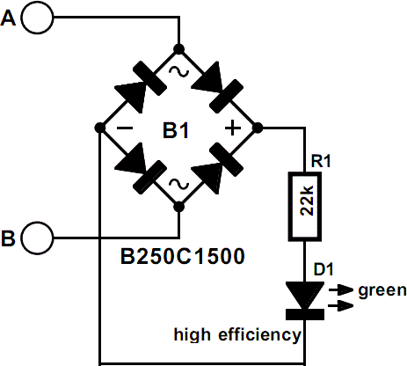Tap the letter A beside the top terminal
click(8, 18)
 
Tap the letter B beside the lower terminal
click(8, 238)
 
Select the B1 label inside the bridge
click(176, 130)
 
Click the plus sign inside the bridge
click(232, 128)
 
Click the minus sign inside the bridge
click(125, 128)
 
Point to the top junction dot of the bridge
click(178, 48)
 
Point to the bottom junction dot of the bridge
click(178, 207)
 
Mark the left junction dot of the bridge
click(100, 128)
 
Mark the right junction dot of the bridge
click(258, 128)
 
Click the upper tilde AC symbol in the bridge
click(178, 71)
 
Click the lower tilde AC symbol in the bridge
click(178, 184)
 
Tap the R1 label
click(321, 161)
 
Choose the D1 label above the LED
click(323, 269)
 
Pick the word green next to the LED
click(382, 290)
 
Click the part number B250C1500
click(183, 256)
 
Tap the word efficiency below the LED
click(259, 334)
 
